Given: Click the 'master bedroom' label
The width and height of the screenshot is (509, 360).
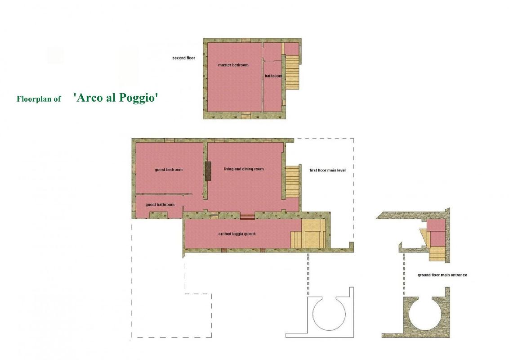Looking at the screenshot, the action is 233,65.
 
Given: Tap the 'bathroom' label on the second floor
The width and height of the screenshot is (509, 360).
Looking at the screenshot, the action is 273,76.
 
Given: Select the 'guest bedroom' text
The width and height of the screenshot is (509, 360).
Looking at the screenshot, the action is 169,170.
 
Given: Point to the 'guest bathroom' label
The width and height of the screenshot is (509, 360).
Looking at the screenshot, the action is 160,205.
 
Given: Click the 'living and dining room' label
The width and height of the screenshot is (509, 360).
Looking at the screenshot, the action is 244,169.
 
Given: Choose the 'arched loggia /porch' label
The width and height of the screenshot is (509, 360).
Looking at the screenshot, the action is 237,234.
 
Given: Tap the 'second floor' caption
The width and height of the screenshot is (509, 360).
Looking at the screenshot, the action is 184,58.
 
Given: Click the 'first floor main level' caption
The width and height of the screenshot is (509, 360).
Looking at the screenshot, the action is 327,170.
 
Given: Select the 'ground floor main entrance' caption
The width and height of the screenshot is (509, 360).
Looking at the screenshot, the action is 442,275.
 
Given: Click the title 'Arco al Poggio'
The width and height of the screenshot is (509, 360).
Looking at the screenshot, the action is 116,98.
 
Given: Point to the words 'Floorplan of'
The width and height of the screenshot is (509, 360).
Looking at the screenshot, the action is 39,99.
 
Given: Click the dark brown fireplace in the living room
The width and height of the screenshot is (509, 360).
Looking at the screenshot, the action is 208,171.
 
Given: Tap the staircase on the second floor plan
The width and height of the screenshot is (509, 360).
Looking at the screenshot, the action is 292,72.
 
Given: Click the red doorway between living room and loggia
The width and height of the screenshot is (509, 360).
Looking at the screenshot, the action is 247,217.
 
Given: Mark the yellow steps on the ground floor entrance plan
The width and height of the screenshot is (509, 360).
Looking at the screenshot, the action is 437,254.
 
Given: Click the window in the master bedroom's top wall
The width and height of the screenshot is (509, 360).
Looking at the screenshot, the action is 246,40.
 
